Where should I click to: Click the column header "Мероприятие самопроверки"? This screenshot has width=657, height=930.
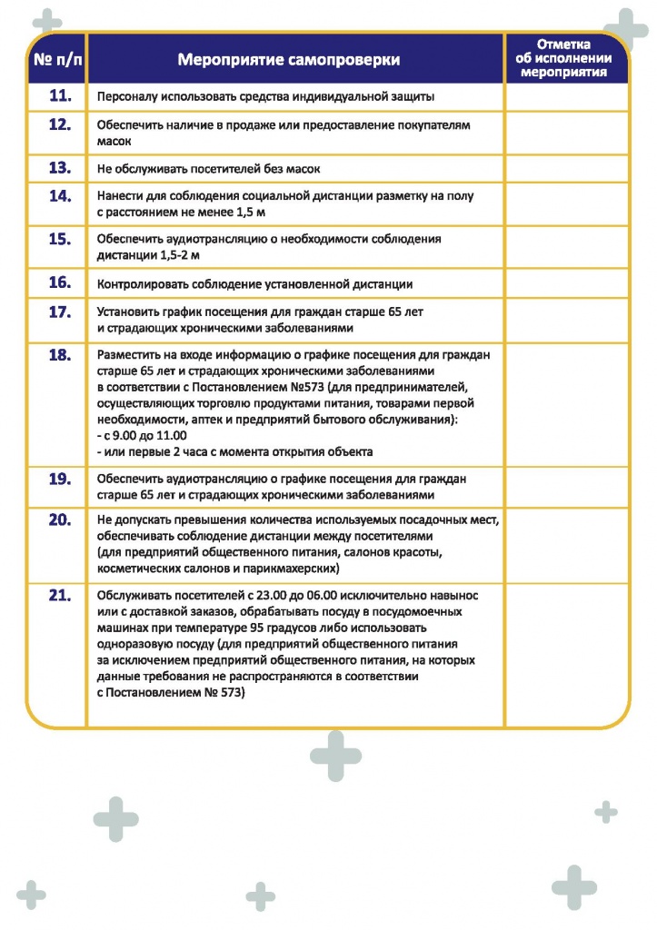click(289, 60)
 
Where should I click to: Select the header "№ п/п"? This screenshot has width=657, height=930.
click(56, 60)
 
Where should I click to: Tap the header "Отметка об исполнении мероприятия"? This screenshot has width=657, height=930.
click(565, 58)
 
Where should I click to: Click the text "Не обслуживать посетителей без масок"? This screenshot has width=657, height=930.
click(208, 169)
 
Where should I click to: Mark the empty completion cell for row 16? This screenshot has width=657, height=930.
click(565, 283)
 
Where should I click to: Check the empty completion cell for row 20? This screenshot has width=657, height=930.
click(565, 543)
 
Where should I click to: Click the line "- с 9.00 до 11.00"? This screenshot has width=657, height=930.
click(141, 435)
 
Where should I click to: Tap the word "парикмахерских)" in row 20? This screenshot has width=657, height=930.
click(293, 568)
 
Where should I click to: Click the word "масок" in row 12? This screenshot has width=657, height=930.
click(114, 142)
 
